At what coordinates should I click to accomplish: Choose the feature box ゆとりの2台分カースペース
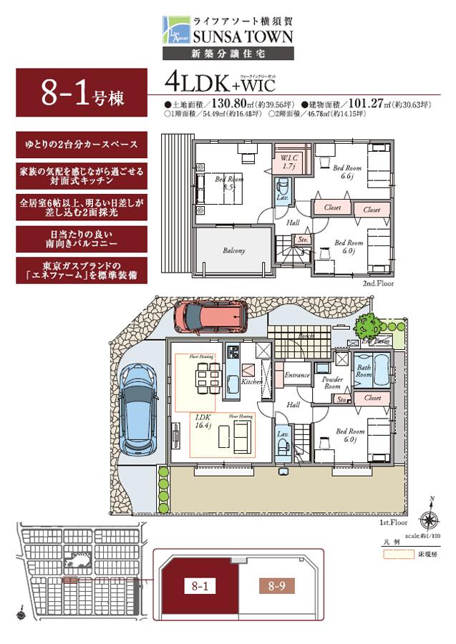point(81,144)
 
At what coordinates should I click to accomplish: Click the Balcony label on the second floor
point(233,251)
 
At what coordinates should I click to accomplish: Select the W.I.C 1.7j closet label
point(289,162)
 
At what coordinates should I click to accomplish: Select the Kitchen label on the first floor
point(251,382)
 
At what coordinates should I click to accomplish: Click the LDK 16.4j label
point(203,419)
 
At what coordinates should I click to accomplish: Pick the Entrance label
point(297,375)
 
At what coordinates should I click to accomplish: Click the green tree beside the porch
point(367,325)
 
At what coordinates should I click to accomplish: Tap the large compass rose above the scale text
point(430,519)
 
